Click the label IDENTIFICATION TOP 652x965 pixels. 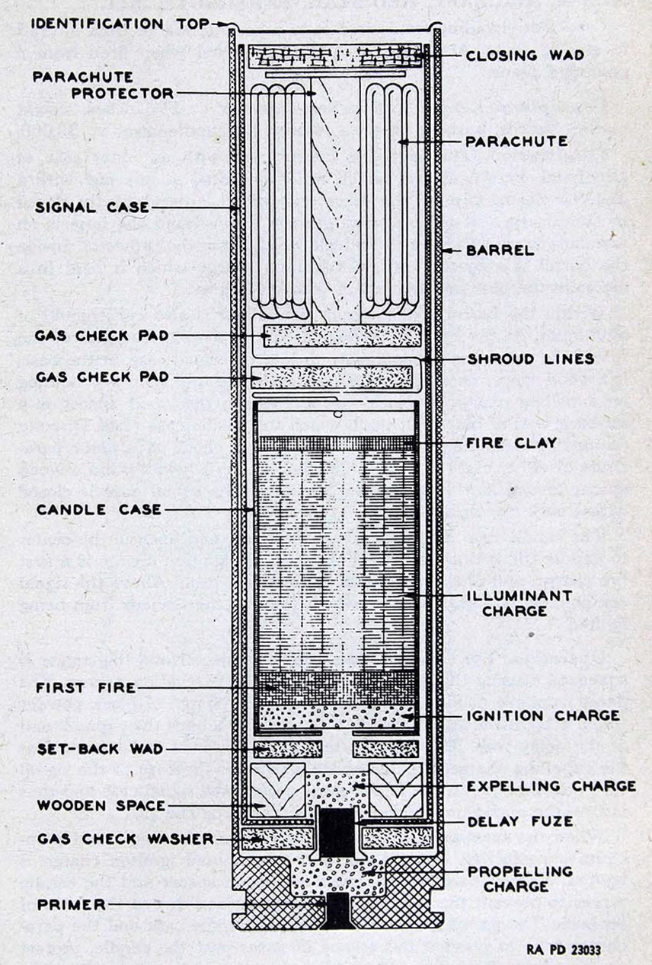tap(120, 24)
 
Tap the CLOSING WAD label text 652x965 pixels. tap(525, 56)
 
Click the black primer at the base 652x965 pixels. tap(337, 910)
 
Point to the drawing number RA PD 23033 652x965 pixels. tap(564, 949)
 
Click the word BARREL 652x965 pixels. tap(500, 250)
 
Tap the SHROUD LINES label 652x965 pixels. tap(531, 359)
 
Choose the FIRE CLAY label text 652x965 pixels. tap(512, 443)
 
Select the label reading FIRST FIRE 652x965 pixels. tap(86, 687)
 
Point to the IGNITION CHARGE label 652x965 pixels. tap(543, 715)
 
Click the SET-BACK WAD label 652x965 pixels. tap(100, 749)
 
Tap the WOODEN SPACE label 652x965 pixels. tap(101, 805)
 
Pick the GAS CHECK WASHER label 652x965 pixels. tap(126, 839)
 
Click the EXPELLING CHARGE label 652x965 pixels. tap(551, 786)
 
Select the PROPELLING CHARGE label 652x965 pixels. tap(520, 879)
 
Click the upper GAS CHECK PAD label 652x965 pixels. tap(102, 336)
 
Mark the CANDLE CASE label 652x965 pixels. tap(99, 510)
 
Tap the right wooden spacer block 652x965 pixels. tap(395, 790)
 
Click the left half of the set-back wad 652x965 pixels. tap(288, 749)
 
